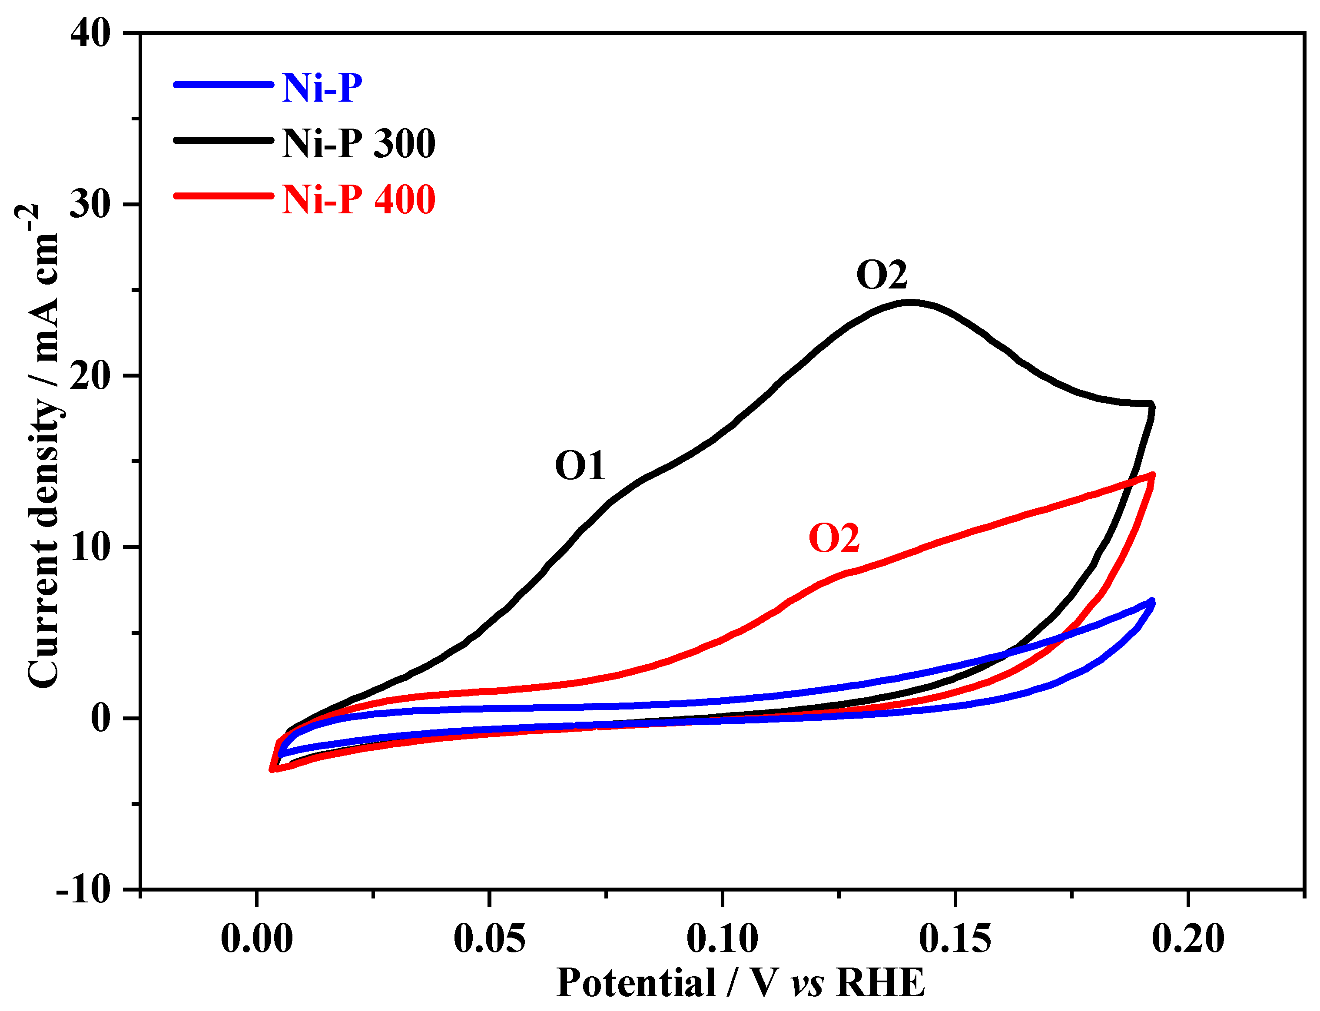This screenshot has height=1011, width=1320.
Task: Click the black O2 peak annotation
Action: click(x=881, y=275)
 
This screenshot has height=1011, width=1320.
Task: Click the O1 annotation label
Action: click(x=580, y=466)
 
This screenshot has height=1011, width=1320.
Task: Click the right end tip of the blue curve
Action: click(x=1152, y=600)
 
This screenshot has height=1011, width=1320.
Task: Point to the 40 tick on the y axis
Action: click(x=91, y=33)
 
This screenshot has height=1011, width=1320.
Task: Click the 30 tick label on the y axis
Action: click(x=91, y=204)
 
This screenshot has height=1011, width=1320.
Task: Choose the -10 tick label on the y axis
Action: click(x=84, y=889)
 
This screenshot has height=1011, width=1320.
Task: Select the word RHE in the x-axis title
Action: click(x=881, y=983)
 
